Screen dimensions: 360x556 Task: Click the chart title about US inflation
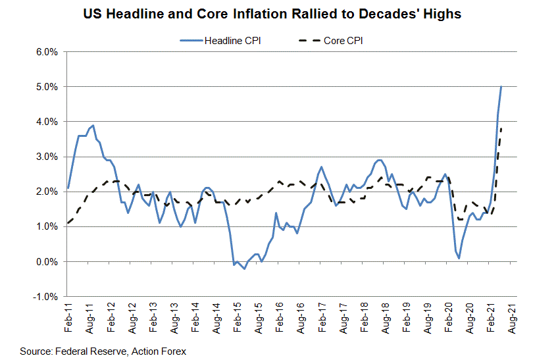click(x=278, y=14)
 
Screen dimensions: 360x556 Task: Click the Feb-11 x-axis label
click(x=68, y=318)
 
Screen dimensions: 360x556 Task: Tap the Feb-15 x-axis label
click(x=236, y=318)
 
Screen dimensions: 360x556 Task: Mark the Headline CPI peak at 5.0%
click(x=501, y=87)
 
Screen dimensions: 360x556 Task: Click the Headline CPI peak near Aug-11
click(x=93, y=125)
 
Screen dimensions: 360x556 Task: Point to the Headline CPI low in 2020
click(x=459, y=258)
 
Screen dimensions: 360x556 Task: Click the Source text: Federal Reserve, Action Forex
click(x=103, y=351)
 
